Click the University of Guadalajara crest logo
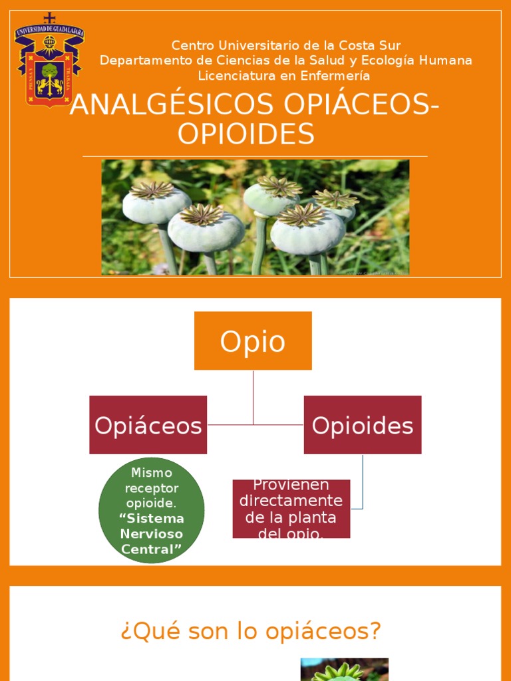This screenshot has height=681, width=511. (x=49, y=60)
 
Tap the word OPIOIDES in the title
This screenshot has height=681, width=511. (x=246, y=134)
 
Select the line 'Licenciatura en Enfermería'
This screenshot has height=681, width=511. (x=284, y=75)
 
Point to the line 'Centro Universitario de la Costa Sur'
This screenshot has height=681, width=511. (x=286, y=45)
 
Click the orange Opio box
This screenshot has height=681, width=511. (x=253, y=340)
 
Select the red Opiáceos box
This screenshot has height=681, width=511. (x=148, y=425)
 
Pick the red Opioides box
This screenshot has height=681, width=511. (x=363, y=425)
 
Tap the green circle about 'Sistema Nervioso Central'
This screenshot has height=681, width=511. (x=151, y=510)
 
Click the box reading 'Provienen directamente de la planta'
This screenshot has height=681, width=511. (x=291, y=509)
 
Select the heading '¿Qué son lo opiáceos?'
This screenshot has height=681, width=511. (x=251, y=630)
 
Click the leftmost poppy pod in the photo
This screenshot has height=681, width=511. (x=156, y=203)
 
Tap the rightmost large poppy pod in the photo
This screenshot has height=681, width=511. (x=307, y=229)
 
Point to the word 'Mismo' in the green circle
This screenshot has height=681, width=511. (x=152, y=473)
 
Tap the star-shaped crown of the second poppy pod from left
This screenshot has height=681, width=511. (x=202, y=214)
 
